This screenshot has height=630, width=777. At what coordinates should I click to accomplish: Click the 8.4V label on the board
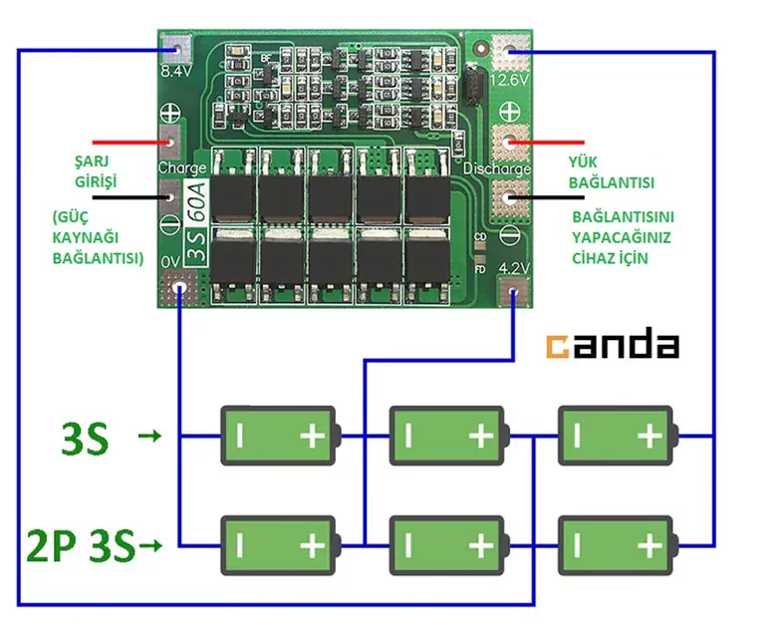click(175, 73)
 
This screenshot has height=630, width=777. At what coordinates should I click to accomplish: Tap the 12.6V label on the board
click(510, 78)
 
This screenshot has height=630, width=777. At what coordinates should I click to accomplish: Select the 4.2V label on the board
click(513, 267)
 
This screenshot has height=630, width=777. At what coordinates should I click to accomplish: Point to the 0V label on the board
click(169, 261)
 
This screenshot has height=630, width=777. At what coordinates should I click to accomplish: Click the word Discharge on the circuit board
click(497, 168)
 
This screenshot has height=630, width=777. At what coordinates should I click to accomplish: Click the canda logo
click(612, 345)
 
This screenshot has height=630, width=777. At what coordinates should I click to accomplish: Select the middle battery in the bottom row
click(447, 544)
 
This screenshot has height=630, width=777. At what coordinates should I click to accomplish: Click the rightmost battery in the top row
click(616, 435)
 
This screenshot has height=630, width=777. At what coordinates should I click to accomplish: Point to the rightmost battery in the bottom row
click(616, 544)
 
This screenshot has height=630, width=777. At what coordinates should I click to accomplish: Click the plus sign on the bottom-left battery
click(313, 545)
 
